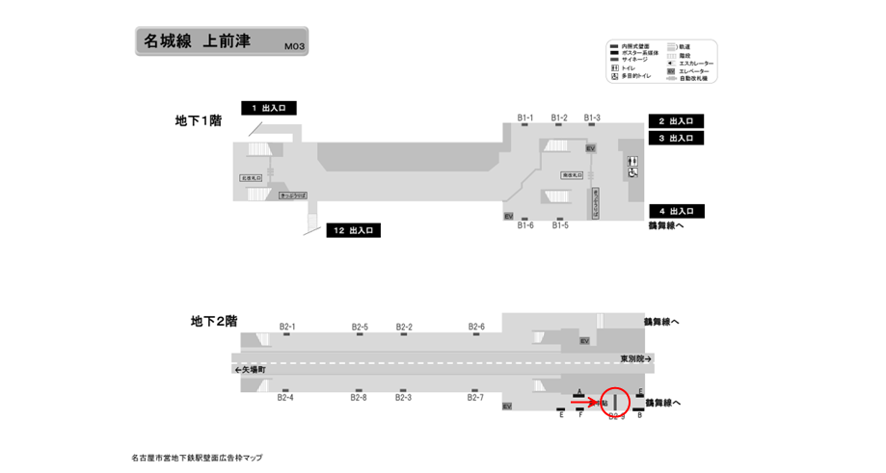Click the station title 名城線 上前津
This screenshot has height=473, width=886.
tap(197, 41)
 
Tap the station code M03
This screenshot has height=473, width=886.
tap(295, 46)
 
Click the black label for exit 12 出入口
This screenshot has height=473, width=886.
tap(355, 230)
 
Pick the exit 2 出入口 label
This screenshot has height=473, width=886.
tap(676, 121)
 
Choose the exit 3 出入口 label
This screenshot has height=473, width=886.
tap(676, 139)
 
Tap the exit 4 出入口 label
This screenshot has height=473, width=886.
tap(676, 211)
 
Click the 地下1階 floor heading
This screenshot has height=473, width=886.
tap(199, 121)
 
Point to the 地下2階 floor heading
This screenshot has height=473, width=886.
tap(214, 321)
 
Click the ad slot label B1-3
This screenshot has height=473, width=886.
tap(592, 118)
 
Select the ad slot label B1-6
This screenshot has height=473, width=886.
tap(525, 225)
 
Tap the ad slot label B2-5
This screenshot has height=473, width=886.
tap(360, 327)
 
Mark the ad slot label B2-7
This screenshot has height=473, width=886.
tap(475, 397)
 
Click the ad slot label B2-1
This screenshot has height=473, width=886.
tap(286, 327)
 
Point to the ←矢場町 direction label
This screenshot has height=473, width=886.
tap(250, 370)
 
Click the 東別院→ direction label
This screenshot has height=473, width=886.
tap(636, 359)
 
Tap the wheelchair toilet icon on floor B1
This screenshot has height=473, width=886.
tap(632, 172)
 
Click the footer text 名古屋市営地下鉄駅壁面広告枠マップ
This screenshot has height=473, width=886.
tap(197, 458)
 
